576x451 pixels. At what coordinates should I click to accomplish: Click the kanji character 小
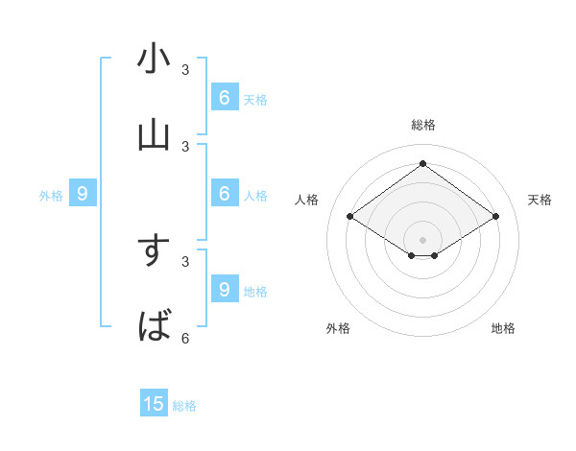point(154,59)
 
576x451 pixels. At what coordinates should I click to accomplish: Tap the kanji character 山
point(154,135)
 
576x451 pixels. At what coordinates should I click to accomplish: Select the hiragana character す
point(154,250)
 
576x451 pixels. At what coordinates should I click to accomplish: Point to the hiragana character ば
point(154,327)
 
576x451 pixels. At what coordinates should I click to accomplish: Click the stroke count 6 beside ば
point(185,338)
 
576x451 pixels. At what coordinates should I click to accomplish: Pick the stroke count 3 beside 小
point(185,69)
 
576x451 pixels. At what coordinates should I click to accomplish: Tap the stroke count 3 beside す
point(185,261)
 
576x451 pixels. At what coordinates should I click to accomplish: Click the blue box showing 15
point(154,404)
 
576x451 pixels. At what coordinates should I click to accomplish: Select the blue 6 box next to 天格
point(224,98)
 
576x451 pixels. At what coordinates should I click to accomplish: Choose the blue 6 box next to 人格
point(224,194)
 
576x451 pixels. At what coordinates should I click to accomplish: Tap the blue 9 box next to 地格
point(224,289)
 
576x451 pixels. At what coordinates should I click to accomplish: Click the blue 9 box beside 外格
point(83,194)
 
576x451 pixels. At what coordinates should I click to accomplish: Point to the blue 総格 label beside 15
point(184,406)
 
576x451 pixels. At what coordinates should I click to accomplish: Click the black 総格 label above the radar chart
point(423,125)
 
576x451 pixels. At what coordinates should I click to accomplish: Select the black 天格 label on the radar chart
point(540,200)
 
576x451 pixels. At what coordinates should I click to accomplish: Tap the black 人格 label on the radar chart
point(307,200)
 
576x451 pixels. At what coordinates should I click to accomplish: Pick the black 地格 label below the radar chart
point(503,328)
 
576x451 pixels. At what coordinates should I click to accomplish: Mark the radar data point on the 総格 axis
point(422,163)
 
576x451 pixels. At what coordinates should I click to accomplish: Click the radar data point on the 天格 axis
point(495,217)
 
